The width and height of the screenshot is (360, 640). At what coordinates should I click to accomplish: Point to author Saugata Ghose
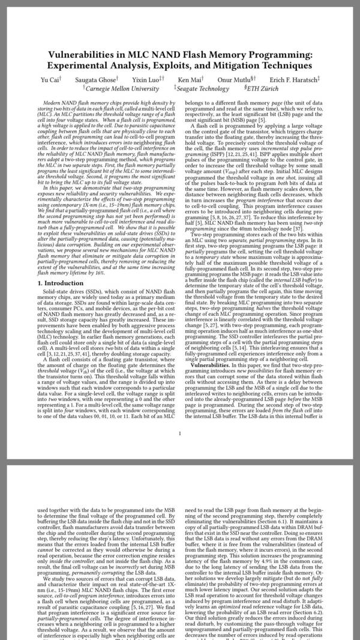coord(95,79)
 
